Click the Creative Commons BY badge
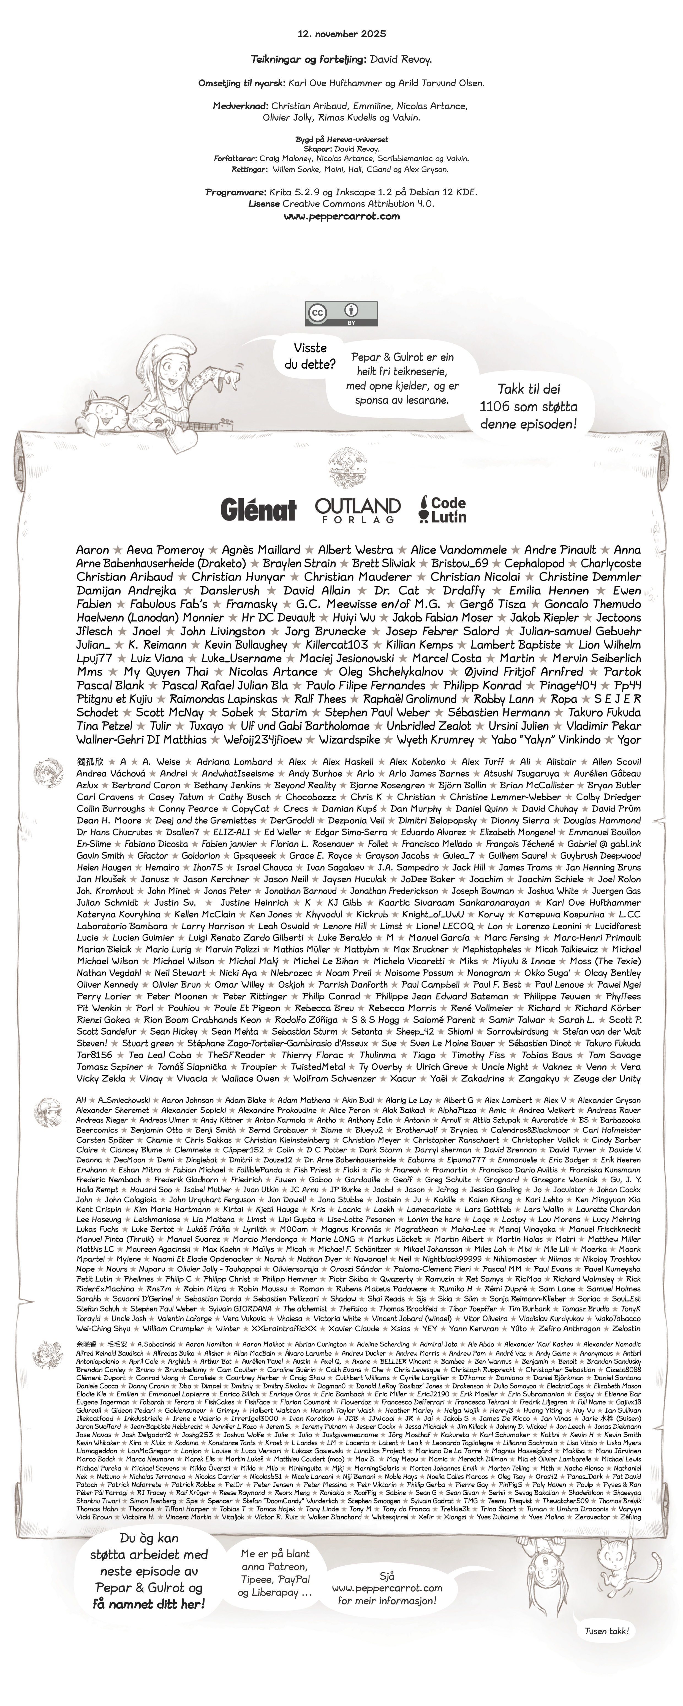click(341, 313)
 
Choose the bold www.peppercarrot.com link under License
click(342, 216)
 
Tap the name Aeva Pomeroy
click(165, 550)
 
